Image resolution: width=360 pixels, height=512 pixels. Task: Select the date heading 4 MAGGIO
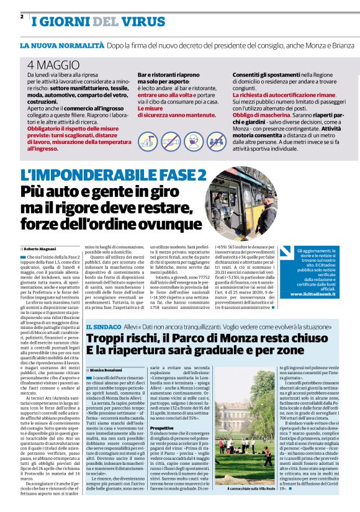pos(53,65)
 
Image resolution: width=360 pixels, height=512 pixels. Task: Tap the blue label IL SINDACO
pos(103,326)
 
